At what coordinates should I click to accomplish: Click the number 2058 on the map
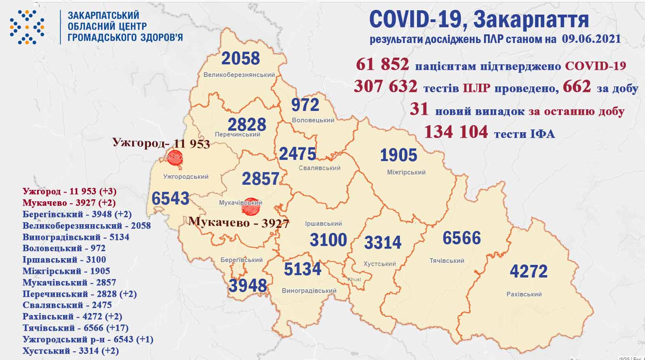[241, 58]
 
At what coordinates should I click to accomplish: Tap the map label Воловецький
[313, 120]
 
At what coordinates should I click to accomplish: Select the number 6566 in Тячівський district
[462, 238]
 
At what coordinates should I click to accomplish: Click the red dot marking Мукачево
[251, 206]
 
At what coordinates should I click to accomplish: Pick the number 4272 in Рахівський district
[528, 272]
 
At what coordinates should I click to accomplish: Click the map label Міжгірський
[406, 172]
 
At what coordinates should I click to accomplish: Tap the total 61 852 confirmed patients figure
[382, 64]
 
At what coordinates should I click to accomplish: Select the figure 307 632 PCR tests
[385, 87]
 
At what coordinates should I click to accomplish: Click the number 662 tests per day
[577, 87]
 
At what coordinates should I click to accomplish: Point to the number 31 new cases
[419, 110]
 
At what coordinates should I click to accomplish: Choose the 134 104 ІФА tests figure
[456, 132]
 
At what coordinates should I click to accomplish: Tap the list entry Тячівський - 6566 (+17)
[75, 328]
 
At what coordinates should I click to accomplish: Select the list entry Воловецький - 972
[64, 248]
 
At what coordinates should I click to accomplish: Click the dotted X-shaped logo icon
[27, 27]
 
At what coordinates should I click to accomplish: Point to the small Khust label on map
[354, 279]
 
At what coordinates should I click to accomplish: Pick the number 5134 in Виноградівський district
[303, 269]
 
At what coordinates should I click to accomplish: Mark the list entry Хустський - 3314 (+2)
[71, 351]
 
